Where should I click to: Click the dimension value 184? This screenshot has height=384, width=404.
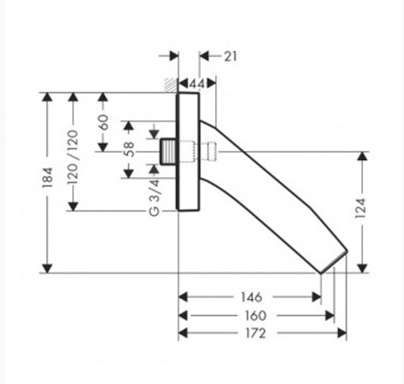[48, 178]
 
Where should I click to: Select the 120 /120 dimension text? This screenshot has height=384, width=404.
[73, 157]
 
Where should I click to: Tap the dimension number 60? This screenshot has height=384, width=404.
[103, 122]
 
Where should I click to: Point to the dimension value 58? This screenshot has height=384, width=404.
[129, 149]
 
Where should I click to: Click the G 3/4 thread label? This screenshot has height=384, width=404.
[154, 198]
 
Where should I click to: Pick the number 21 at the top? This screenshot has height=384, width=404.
[230, 56]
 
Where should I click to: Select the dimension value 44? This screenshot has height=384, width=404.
[198, 84]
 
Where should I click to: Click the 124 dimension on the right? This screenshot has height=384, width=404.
[360, 208]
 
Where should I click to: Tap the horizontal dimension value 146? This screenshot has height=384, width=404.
[252, 297]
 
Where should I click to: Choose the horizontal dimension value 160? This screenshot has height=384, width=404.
[256, 316]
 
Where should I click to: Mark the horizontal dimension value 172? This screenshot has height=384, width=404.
[256, 333]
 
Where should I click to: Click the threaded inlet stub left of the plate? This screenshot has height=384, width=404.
[167, 152]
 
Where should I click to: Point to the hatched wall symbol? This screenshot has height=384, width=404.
[170, 85]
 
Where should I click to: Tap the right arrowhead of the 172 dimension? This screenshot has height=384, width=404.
[342, 333]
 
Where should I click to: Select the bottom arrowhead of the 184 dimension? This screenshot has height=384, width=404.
[47, 269]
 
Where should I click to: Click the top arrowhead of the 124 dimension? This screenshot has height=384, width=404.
[362, 157]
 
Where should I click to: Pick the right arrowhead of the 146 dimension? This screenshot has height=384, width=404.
[317, 297]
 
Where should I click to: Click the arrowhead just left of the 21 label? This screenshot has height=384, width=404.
[204, 56]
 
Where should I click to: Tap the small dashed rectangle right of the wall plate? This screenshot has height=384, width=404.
[212, 152]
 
